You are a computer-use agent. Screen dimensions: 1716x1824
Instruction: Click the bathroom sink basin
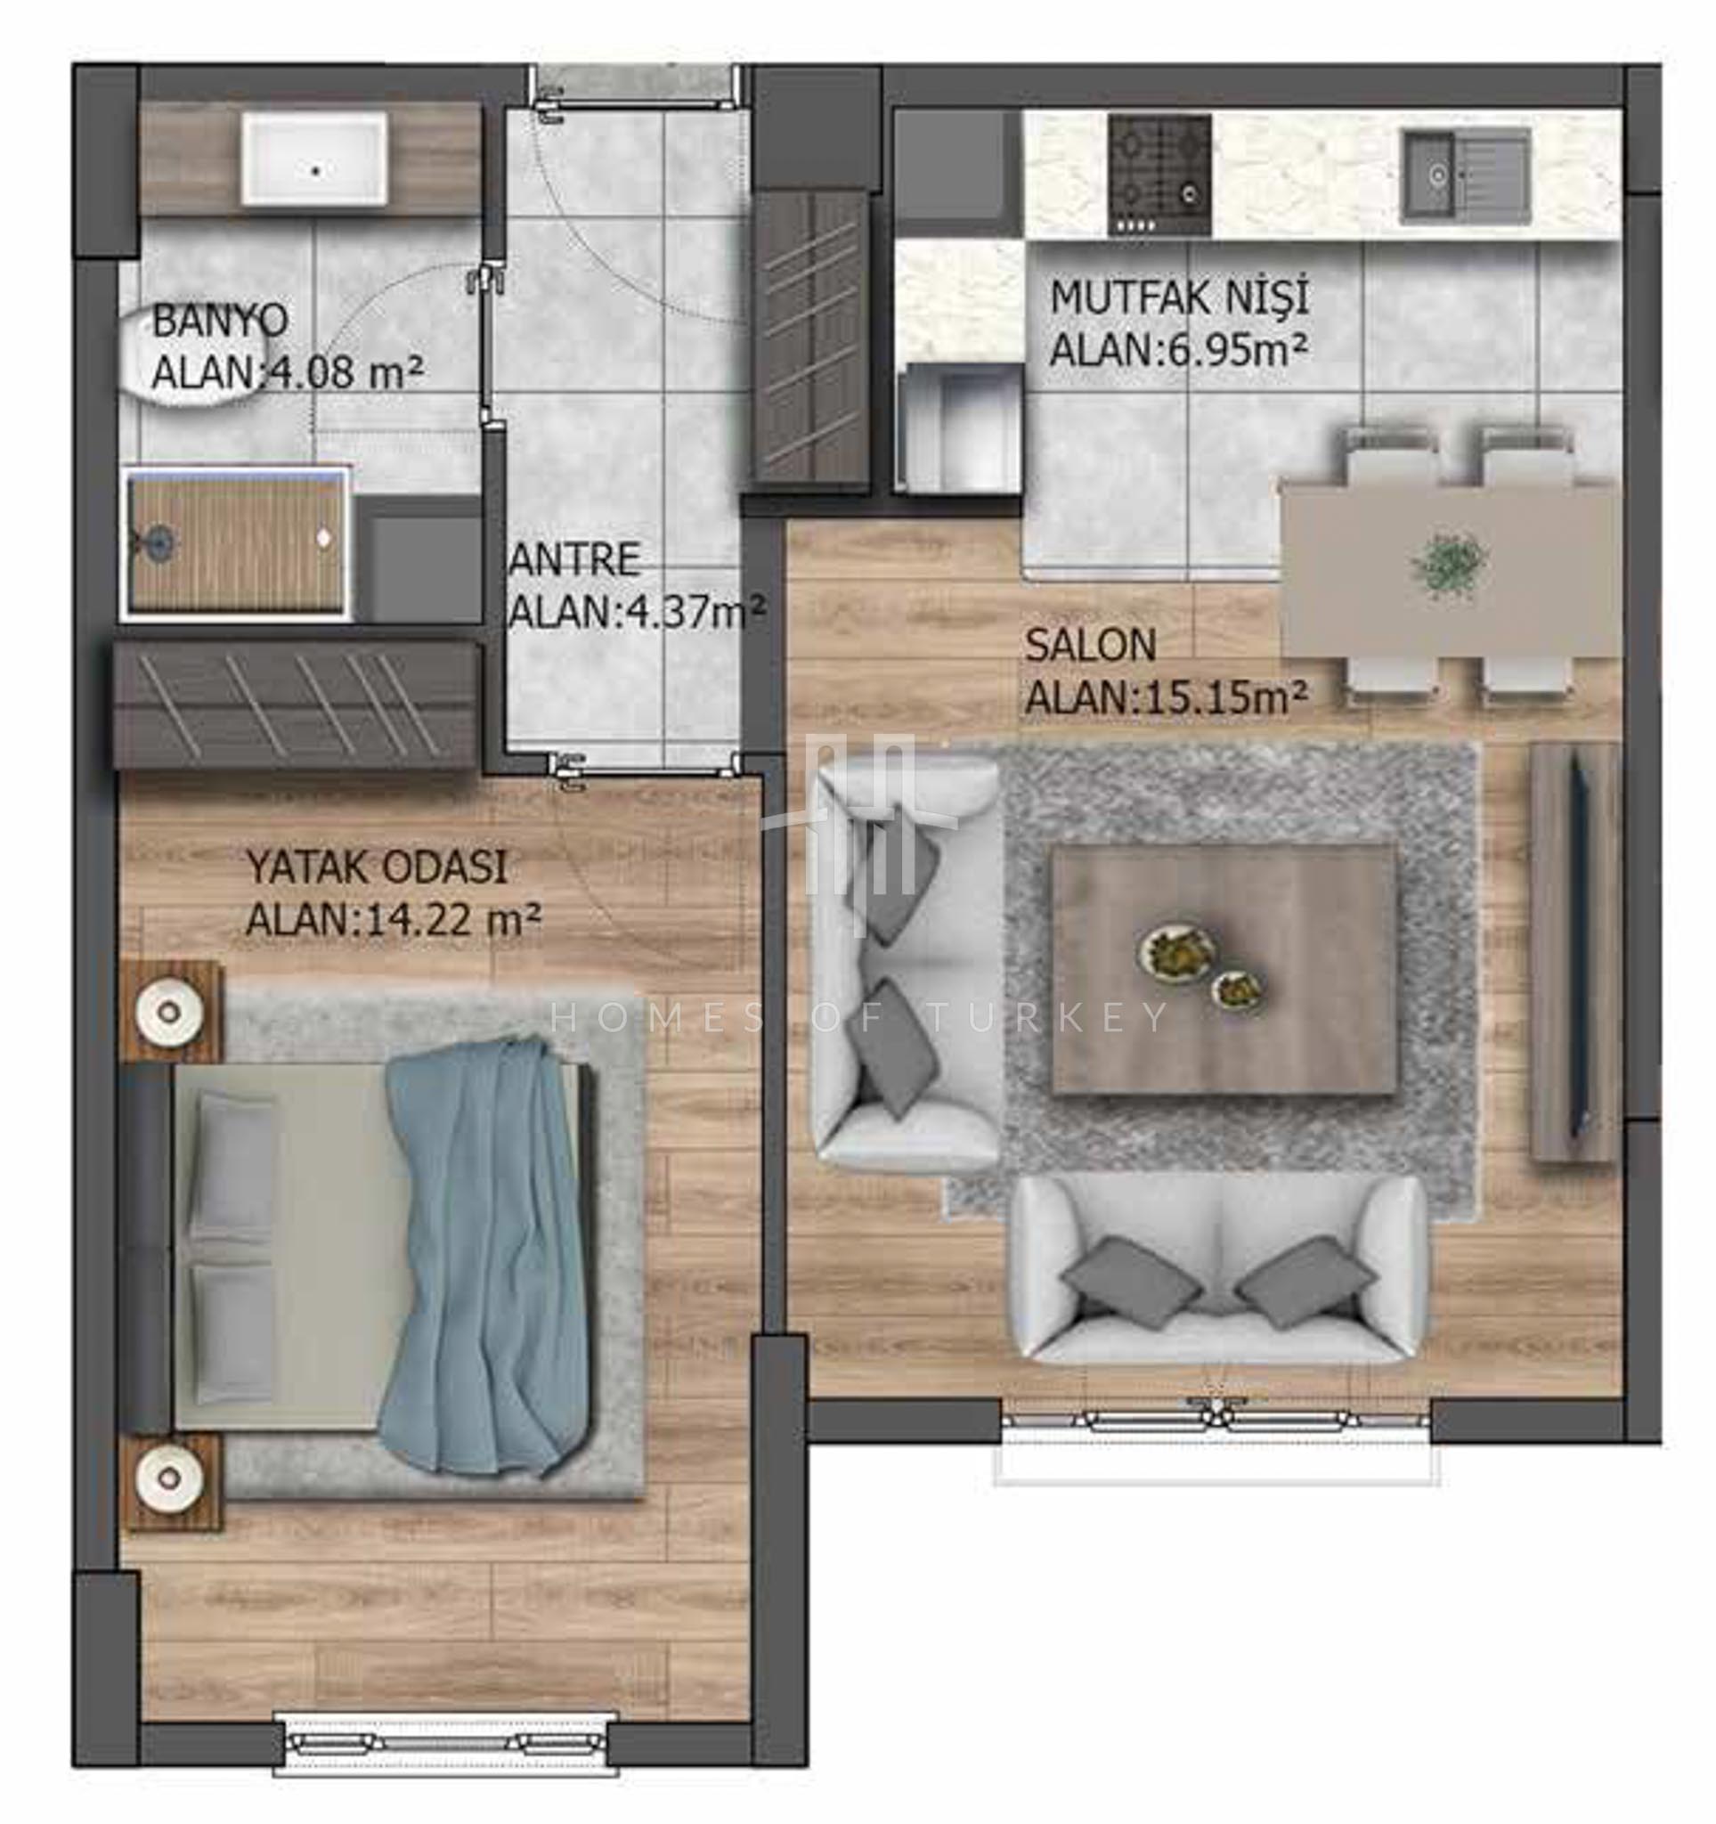pos(313,159)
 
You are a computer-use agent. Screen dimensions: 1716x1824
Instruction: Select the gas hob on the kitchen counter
pos(1159,175)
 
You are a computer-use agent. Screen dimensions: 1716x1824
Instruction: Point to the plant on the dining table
pos(1449,566)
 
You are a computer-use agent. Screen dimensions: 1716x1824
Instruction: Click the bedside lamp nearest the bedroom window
pos(170,1477)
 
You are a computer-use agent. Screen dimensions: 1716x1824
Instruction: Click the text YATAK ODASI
pos(377,868)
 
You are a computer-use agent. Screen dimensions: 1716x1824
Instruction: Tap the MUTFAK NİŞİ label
pos(1178,297)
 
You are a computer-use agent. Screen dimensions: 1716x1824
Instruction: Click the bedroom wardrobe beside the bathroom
pos(297,704)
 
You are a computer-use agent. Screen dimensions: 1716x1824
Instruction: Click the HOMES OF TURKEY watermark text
pos(859,1017)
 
